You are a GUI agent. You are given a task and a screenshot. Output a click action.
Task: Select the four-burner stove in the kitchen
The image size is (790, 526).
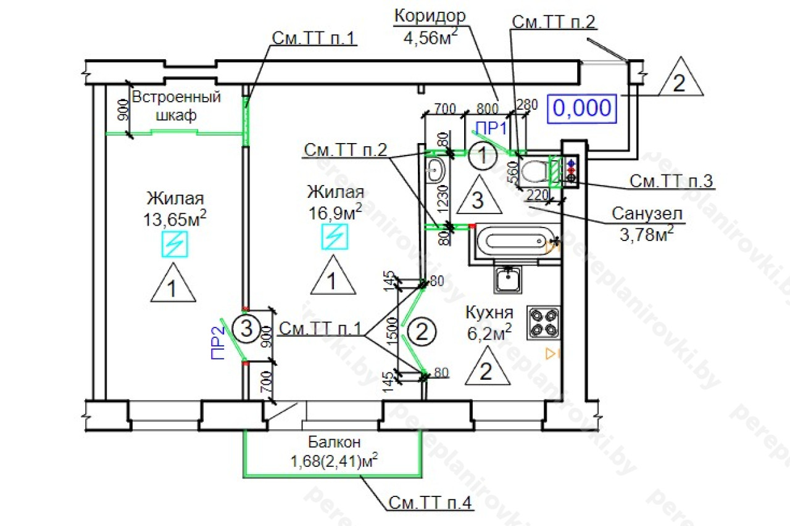(543, 322)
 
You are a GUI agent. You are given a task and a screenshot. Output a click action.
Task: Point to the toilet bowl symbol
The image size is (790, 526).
(533, 171)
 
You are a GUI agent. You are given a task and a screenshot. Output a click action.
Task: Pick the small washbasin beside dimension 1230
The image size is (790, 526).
(436, 169)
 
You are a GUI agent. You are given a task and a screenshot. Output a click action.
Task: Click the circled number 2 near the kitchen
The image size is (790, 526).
(422, 332)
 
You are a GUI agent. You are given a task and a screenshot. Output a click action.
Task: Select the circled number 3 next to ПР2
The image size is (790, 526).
(246, 329)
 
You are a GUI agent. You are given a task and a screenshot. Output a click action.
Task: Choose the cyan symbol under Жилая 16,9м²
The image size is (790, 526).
(335, 236)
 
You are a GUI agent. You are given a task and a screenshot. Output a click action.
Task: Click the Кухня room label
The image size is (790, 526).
(488, 313)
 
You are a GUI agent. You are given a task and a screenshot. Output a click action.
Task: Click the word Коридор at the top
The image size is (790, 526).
(430, 15)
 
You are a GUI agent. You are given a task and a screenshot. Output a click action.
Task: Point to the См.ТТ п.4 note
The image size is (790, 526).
(430, 503)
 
